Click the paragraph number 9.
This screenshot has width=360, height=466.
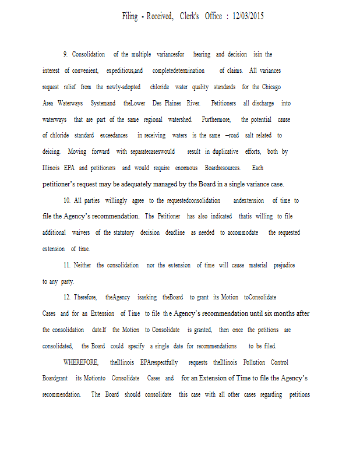pos(65,54)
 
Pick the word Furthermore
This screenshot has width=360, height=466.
pos(217,119)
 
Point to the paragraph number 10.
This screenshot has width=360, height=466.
pos(68,200)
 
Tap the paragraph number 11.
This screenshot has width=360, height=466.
pos(68,265)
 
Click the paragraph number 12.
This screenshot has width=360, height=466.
pos(68,297)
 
